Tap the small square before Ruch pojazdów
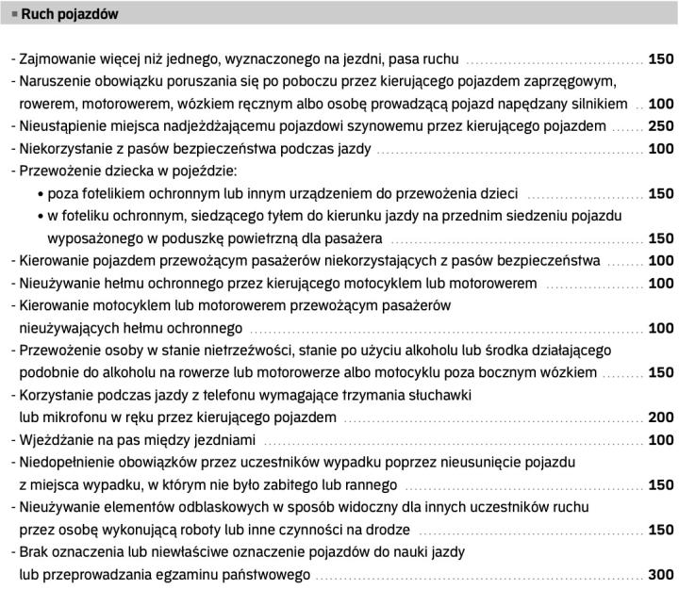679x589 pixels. coord(14,15)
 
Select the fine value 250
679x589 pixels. coord(661,125)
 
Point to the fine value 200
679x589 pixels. coord(661,417)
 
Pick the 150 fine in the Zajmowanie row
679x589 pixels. coord(661,58)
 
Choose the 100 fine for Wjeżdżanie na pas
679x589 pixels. coord(661,440)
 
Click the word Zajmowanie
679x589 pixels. coord(58,58)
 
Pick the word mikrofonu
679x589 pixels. coord(74,417)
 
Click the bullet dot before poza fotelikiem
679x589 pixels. coord(40,194)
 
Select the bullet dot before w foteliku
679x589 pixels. coord(40,217)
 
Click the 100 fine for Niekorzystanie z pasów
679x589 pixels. coord(661,149)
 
